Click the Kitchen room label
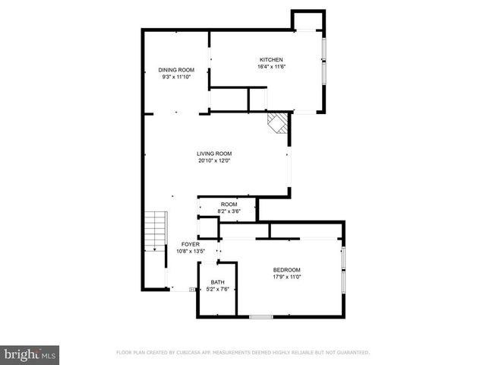271,60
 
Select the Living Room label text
213,154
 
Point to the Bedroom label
287,270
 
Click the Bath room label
217,282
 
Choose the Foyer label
190,244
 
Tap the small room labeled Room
229,205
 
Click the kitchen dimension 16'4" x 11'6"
271,67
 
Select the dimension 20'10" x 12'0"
213,160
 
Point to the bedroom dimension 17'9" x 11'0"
287,277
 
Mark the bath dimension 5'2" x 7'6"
217,289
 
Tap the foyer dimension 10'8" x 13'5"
190,251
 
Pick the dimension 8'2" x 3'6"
229,211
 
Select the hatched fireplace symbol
279,123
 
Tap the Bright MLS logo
30,354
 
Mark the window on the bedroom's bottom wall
261,316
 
